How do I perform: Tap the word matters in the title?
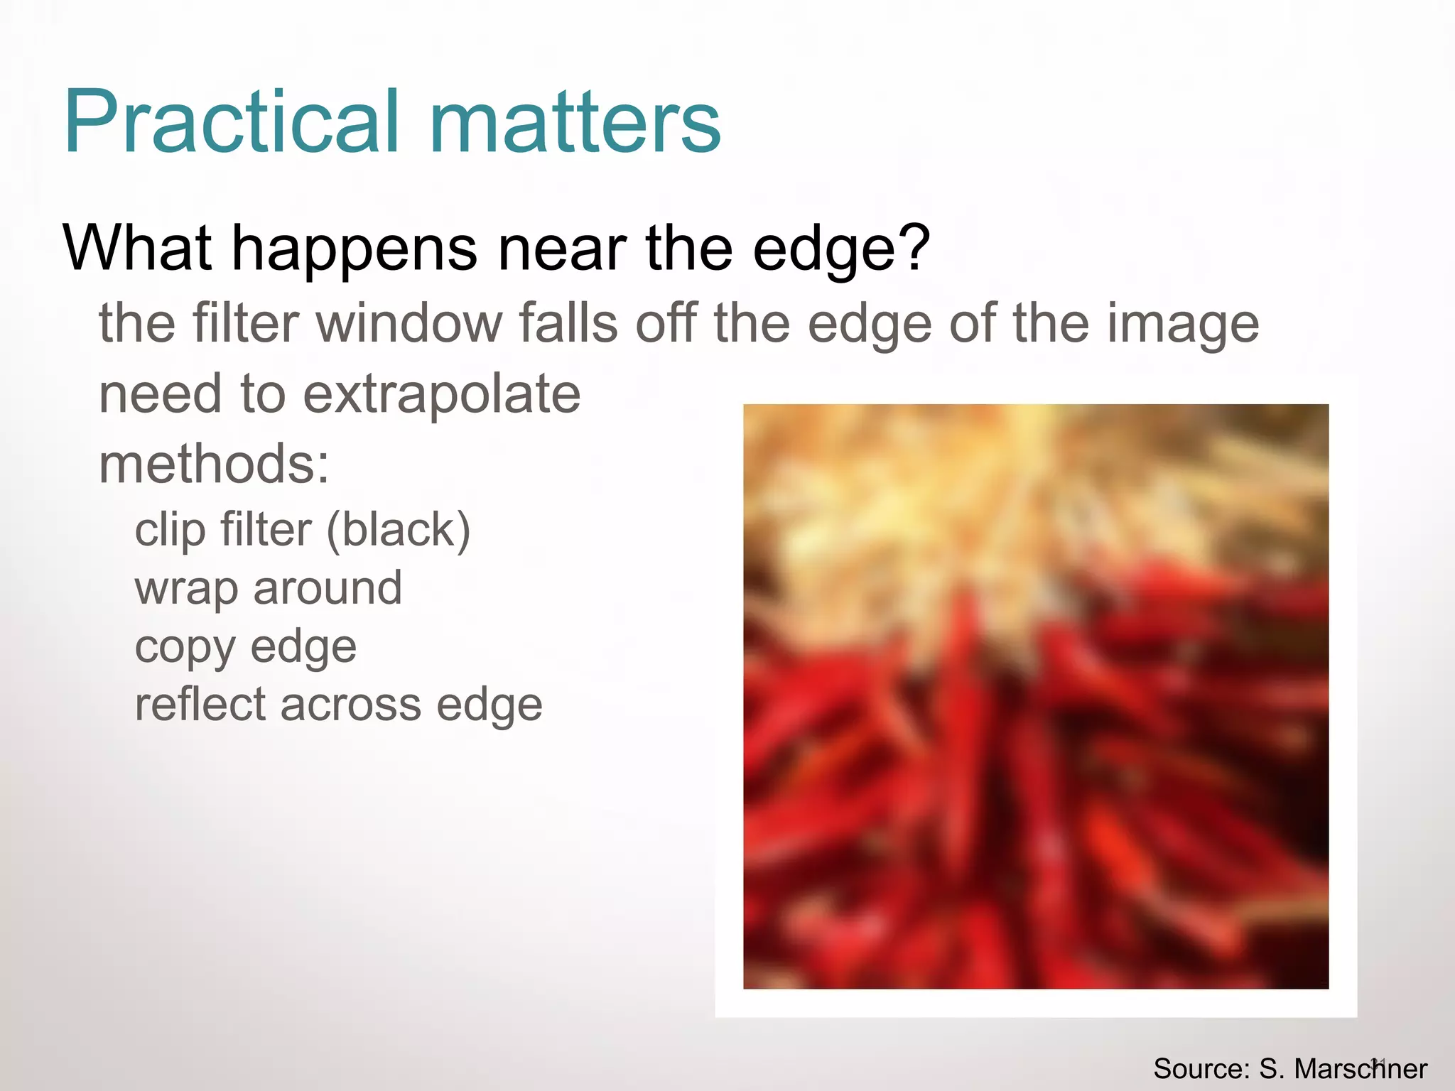point(575,122)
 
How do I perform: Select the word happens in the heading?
point(355,250)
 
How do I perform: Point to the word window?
point(409,323)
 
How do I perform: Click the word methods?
point(214,464)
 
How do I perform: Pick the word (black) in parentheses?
point(398,531)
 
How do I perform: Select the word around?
point(328,588)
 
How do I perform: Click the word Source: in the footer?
point(1201,1069)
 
